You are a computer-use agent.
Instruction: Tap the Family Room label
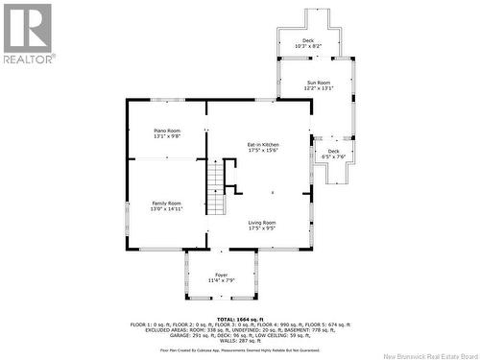tap(166, 203)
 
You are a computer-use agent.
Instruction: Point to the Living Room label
tap(262, 222)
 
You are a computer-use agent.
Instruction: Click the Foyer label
tap(221, 274)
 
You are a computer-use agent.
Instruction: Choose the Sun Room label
tap(319, 83)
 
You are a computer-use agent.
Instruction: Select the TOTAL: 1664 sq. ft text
tap(240, 319)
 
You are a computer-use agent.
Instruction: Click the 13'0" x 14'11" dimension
tap(166, 208)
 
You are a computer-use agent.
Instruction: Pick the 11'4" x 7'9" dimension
tap(221, 279)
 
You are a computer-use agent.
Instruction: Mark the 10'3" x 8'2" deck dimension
tap(307, 46)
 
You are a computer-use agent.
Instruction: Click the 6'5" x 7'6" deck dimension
tap(333, 156)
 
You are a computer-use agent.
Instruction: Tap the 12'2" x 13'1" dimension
tap(319, 88)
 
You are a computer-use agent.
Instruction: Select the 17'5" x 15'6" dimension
tap(262, 150)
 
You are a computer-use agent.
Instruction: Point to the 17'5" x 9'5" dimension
tap(262, 228)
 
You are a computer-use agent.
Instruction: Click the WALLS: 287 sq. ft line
tap(240, 340)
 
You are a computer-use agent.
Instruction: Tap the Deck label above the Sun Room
tap(307, 40)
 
